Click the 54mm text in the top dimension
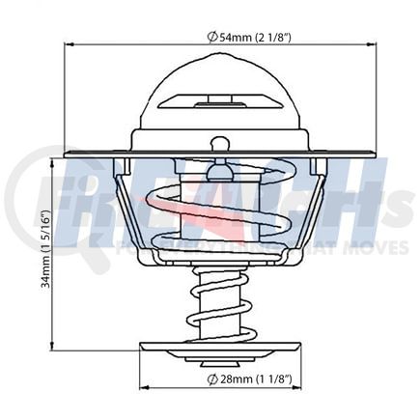(235, 37)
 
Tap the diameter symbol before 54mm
(211, 37)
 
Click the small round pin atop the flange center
(221, 143)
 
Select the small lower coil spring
(221, 309)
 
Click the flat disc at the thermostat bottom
(221, 346)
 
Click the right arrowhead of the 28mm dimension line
(298, 387)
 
